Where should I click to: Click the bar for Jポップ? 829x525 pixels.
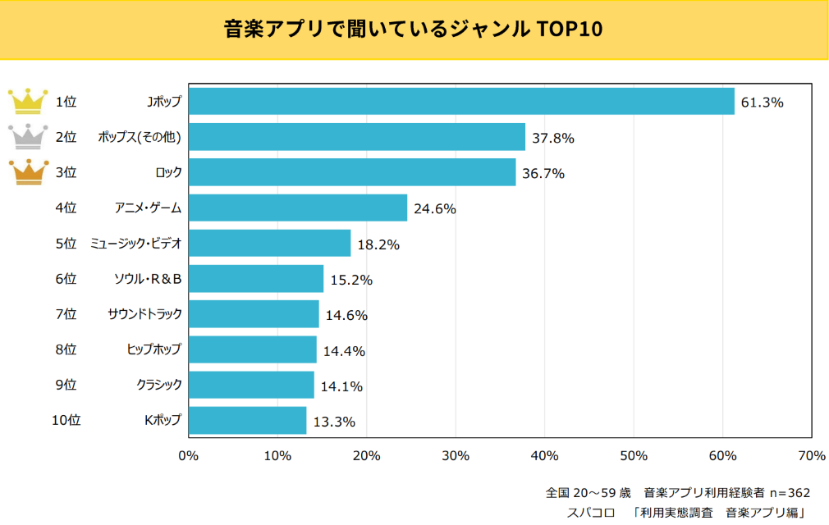pos(461,102)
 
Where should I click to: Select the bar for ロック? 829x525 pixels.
pos(352,172)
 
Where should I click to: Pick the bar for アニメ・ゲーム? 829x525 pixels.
pos(298,208)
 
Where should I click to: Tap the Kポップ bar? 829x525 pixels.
pos(247,420)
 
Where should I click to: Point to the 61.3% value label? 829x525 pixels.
pos(763,103)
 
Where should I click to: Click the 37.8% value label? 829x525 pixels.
pos(553,138)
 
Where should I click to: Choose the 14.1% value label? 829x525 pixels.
pos(341,386)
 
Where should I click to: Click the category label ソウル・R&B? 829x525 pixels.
pos(147,279)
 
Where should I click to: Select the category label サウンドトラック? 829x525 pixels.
pos(144,314)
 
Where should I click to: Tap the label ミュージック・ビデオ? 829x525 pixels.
pos(136,244)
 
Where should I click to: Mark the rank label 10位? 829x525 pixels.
pos(66,420)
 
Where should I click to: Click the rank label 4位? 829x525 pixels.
pos(66,208)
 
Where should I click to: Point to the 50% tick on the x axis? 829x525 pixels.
pos(634,455)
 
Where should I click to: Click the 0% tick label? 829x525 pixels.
pos(189,455)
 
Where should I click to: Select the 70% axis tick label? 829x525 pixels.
pos(811,455)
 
